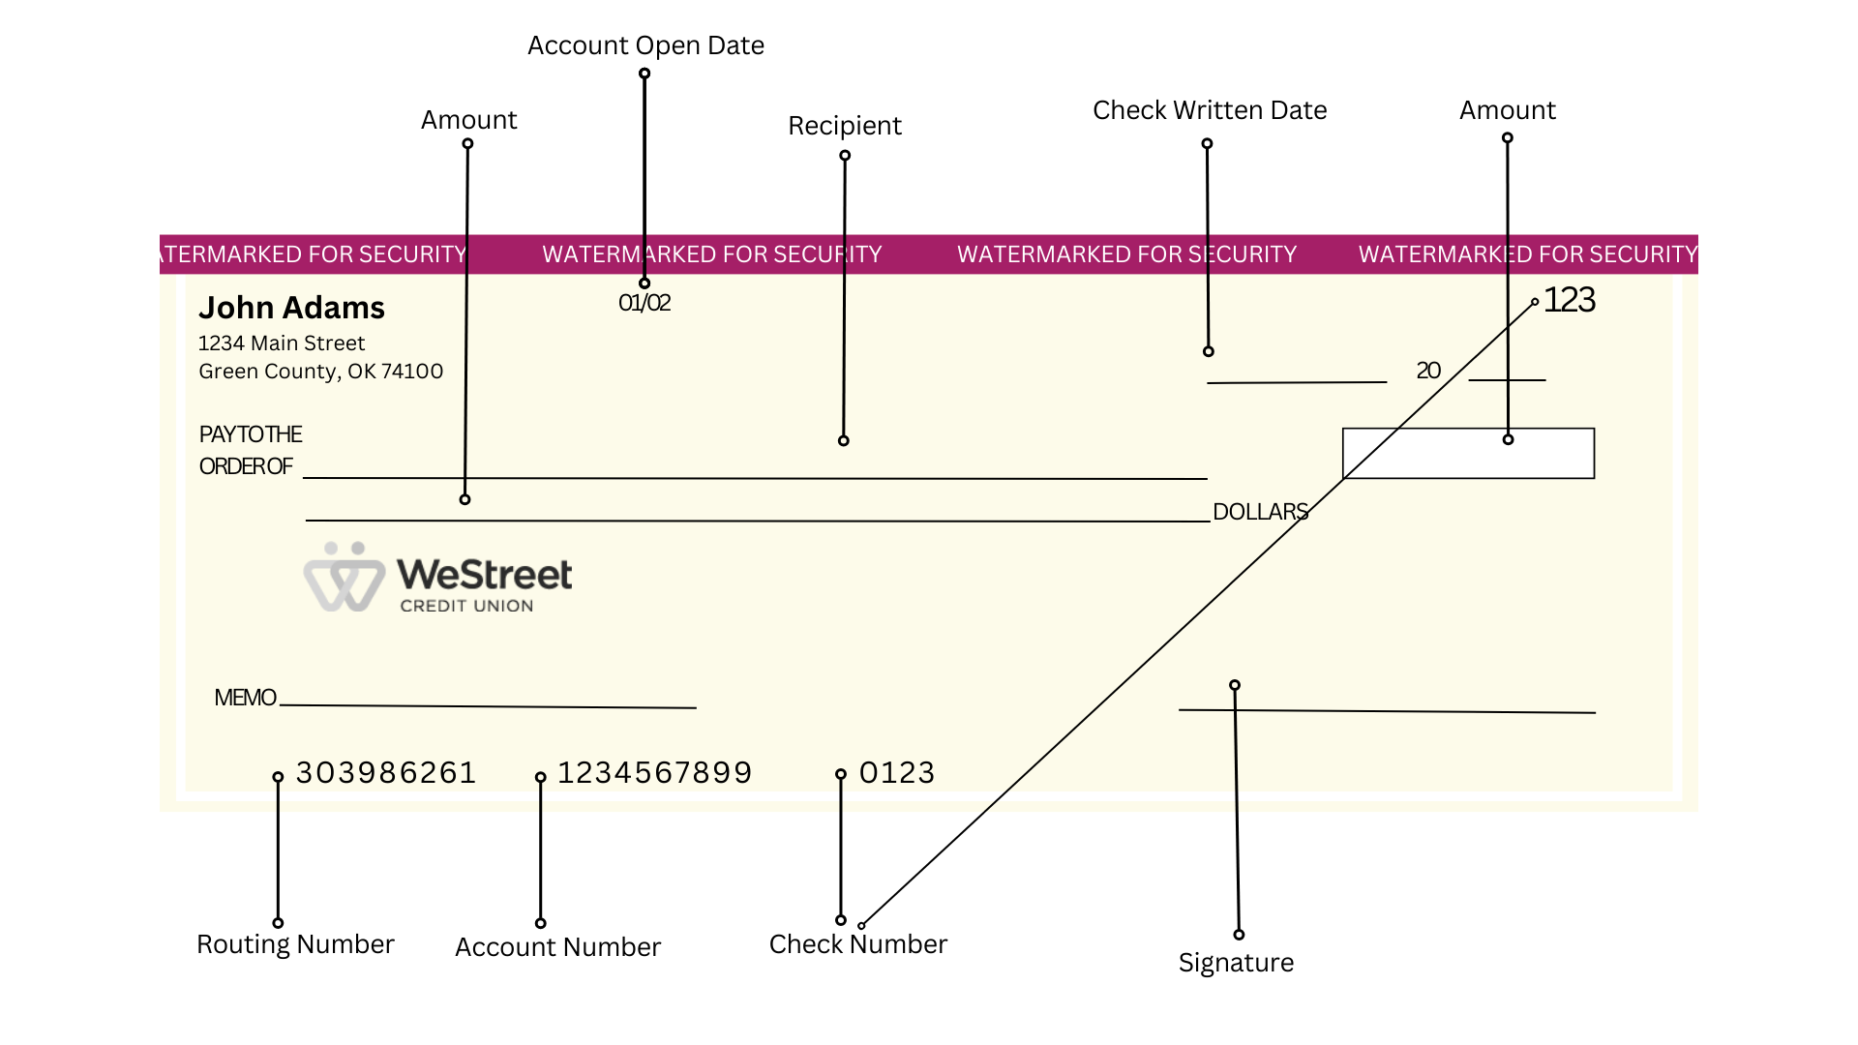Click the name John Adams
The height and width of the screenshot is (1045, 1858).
click(x=291, y=308)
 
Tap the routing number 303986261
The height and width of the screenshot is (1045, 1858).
click(x=385, y=773)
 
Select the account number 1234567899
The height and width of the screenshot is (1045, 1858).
click(x=654, y=773)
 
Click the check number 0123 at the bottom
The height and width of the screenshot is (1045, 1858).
click(x=897, y=773)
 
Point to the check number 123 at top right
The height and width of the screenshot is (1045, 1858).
click(x=1569, y=300)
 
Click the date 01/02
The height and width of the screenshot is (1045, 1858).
click(x=644, y=303)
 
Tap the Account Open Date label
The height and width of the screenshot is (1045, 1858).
click(x=645, y=45)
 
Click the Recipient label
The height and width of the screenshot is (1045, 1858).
click(x=844, y=126)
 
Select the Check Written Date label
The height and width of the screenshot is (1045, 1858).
click(x=1209, y=110)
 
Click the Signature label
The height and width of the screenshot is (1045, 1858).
click(x=1236, y=963)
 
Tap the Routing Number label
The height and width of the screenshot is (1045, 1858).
click(x=295, y=944)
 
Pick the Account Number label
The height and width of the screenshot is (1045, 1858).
click(x=557, y=947)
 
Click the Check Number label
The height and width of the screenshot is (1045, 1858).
click(x=857, y=944)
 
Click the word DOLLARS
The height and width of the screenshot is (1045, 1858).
click(x=1260, y=512)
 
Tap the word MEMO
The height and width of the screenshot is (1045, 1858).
click(x=245, y=698)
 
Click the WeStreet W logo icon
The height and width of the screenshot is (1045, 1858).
click(x=344, y=578)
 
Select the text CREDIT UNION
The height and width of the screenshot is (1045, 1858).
click(x=466, y=606)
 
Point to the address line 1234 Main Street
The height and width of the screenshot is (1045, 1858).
click(x=281, y=343)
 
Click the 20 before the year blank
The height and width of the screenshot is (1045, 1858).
click(x=1428, y=371)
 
